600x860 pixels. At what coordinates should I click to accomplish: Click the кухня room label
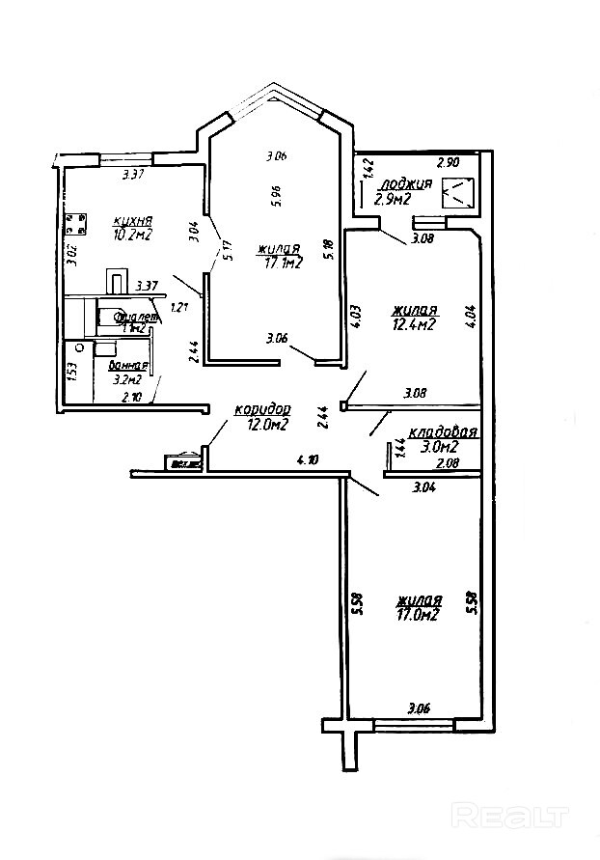(132, 219)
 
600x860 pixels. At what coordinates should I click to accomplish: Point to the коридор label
(261, 410)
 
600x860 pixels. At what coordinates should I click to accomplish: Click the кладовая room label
(444, 432)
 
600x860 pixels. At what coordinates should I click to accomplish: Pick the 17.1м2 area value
(281, 262)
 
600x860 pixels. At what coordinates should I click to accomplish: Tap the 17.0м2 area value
(417, 613)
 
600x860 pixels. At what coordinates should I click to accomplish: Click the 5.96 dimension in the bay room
(276, 197)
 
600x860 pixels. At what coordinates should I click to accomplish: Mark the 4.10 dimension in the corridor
(308, 461)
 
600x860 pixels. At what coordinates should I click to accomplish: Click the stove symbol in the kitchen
(72, 224)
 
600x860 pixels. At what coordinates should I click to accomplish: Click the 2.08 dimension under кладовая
(447, 464)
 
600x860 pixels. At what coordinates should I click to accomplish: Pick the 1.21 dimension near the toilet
(177, 308)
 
